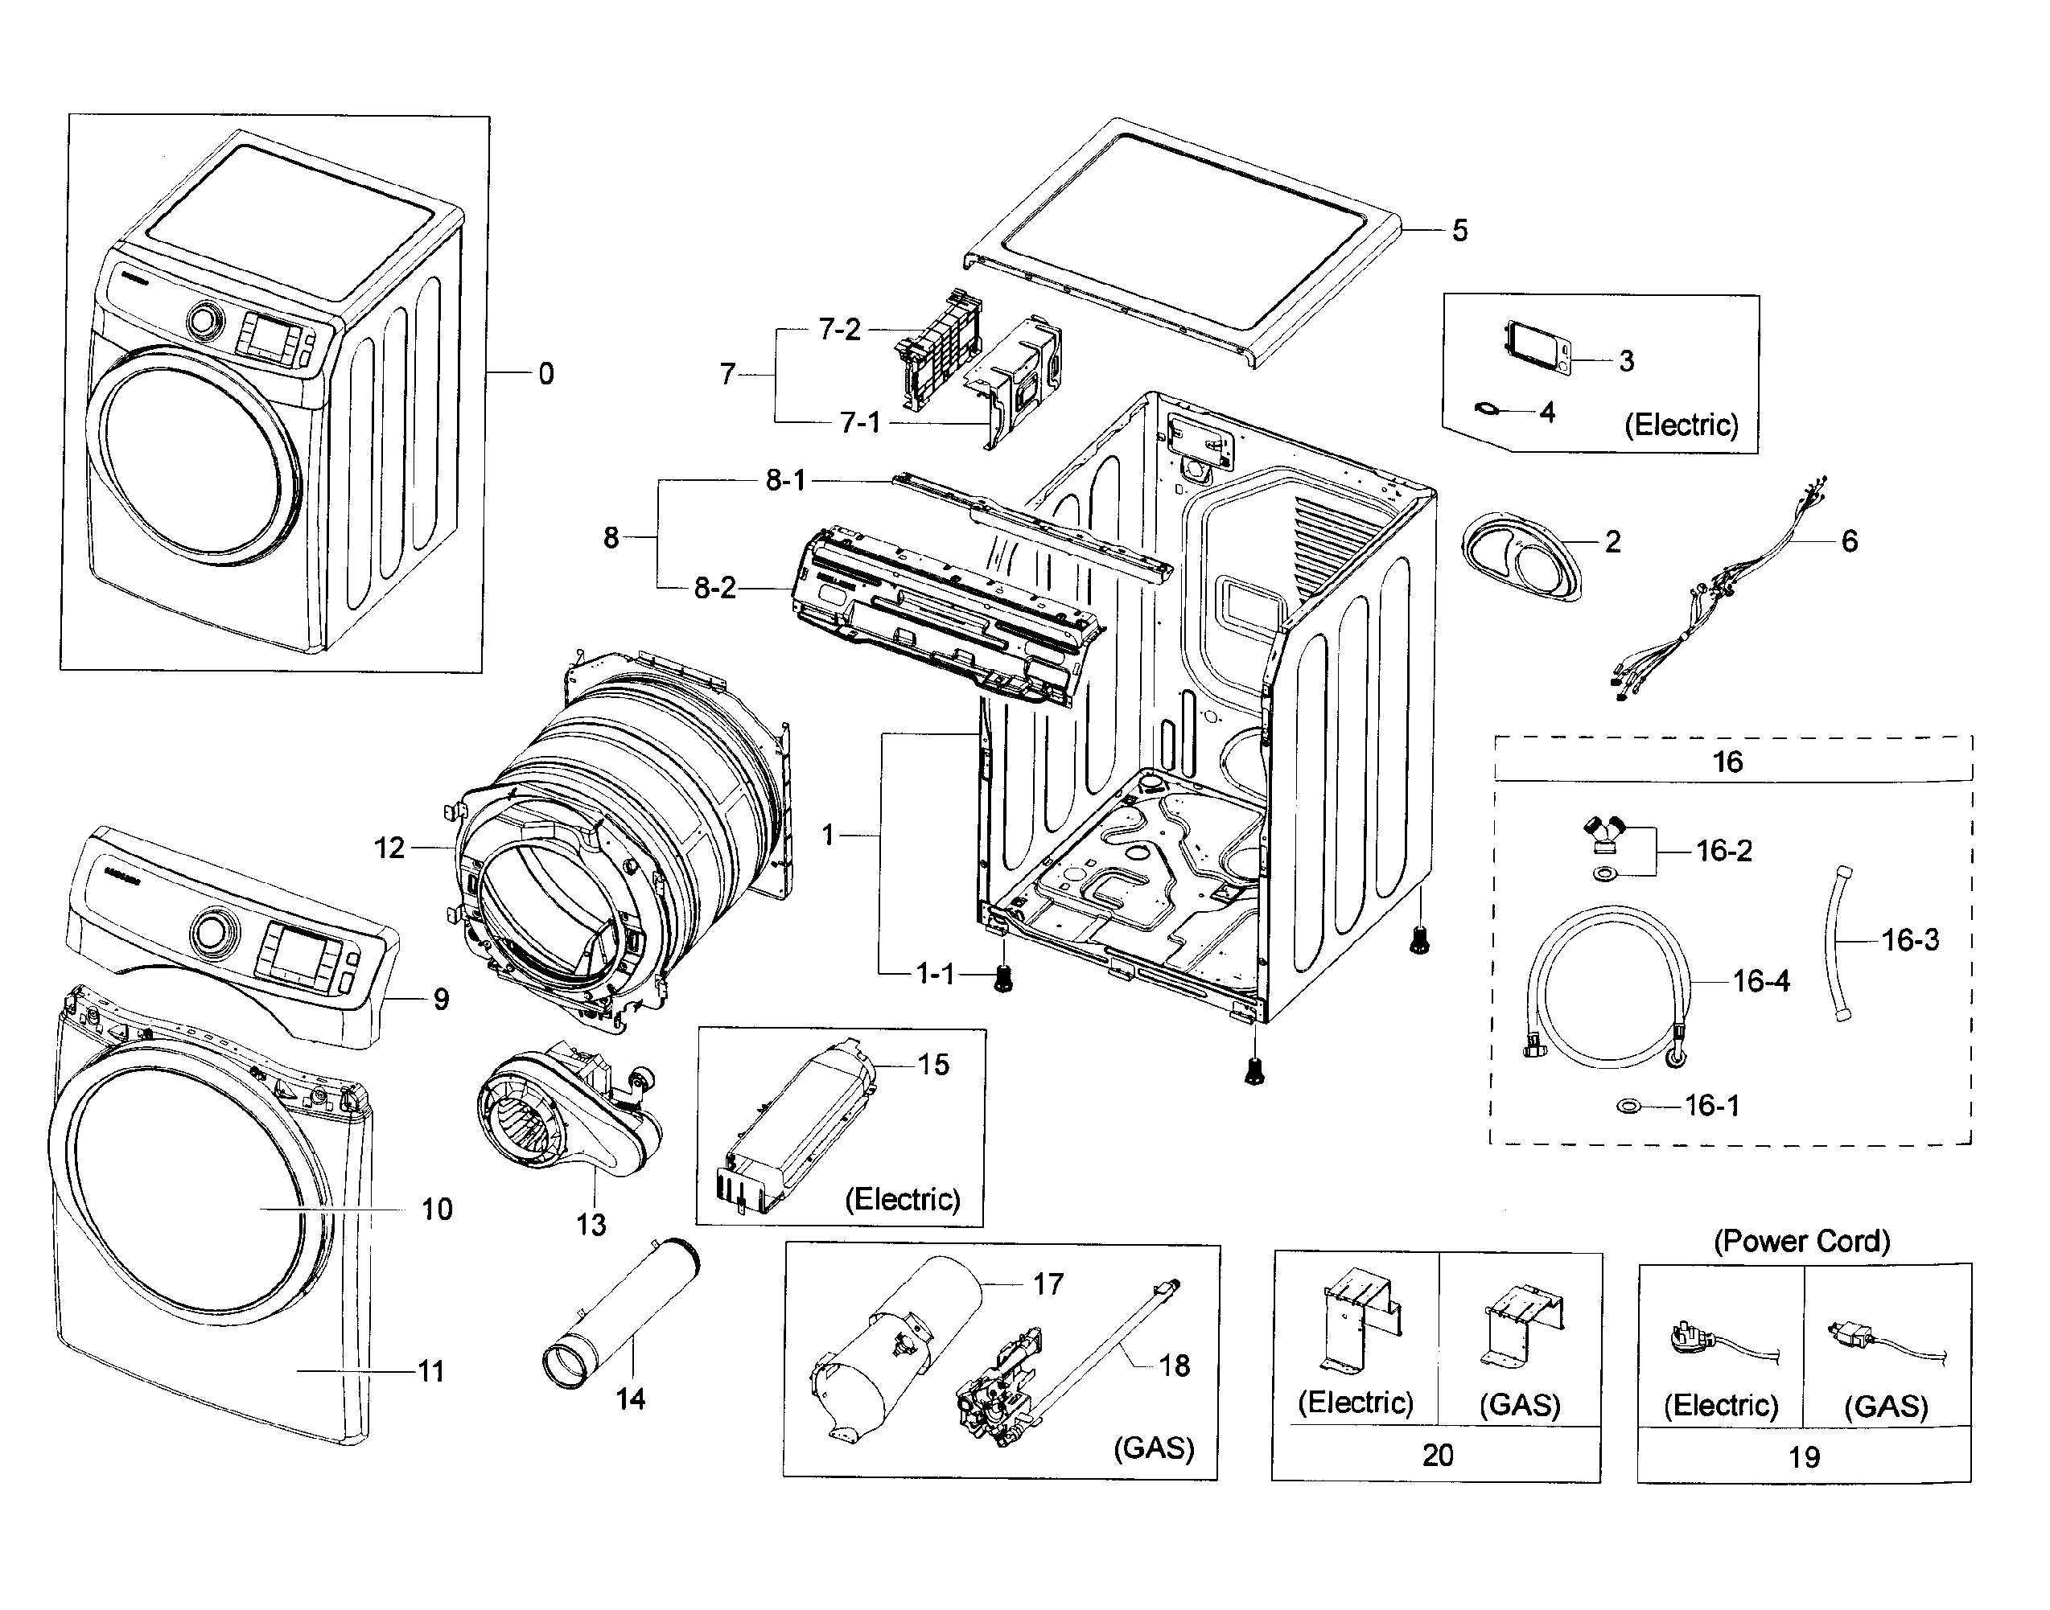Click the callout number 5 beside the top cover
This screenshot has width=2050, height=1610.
tap(1459, 231)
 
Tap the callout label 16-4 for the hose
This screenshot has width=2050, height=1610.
tap(1760, 982)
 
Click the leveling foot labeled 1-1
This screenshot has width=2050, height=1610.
tap(1003, 978)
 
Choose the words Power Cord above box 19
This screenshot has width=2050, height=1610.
tap(1801, 1242)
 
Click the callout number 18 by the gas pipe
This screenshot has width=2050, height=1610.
tap(1174, 1365)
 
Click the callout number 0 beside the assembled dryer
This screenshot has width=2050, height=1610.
tap(546, 374)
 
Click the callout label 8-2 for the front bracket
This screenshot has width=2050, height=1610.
tap(714, 589)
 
